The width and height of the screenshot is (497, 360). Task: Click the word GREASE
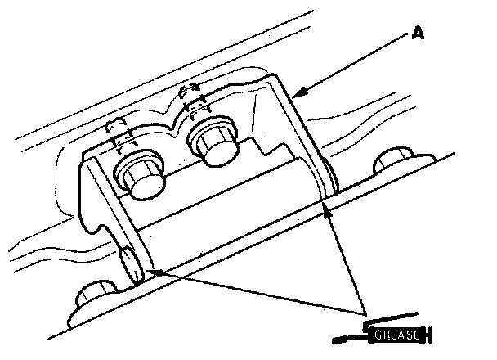tap(396, 334)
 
